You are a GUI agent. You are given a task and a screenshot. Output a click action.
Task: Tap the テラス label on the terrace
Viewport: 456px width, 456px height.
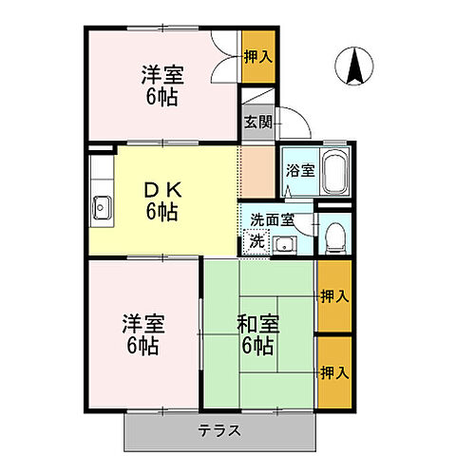click(x=219, y=430)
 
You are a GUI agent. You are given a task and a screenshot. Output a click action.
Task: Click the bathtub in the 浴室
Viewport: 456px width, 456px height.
click(x=335, y=172)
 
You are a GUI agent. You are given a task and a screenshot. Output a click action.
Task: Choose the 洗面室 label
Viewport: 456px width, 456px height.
click(x=272, y=220)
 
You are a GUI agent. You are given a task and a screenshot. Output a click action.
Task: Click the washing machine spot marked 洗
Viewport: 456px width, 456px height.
click(x=256, y=241)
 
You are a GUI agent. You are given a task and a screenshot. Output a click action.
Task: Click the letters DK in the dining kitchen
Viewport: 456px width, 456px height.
click(x=161, y=190)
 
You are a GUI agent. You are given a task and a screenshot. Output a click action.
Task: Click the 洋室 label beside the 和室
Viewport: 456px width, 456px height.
click(x=142, y=324)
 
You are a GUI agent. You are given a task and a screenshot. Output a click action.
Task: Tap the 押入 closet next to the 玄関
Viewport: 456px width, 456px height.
click(x=258, y=57)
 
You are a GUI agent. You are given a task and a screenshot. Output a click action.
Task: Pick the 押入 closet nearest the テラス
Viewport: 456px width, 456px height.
click(x=333, y=370)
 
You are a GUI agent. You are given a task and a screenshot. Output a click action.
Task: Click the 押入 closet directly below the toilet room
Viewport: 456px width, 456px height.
click(x=333, y=296)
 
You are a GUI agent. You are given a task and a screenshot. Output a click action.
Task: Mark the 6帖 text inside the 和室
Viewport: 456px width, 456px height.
click(x=256, y=346)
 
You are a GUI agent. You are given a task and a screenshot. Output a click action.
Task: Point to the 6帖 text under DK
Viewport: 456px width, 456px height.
click(x=161, y=212)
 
